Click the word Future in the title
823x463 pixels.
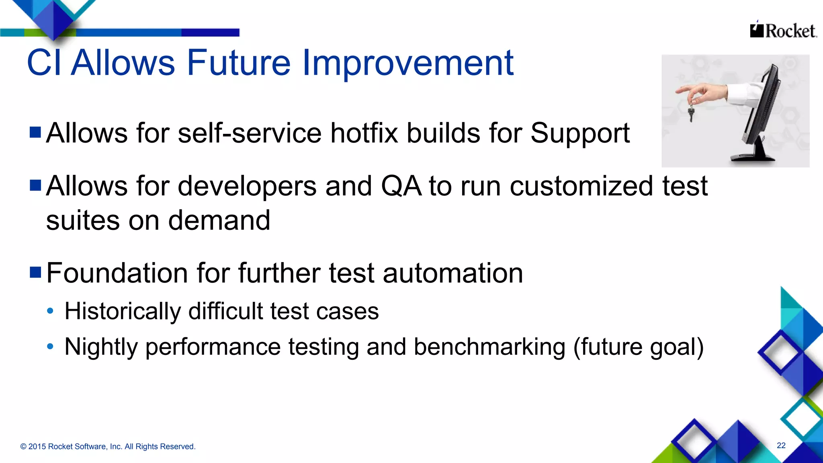238,63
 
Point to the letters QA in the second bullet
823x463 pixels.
401,186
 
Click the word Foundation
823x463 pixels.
117,273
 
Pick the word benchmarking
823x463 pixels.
489,347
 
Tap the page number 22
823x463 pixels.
781,445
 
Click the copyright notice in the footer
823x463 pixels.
108,447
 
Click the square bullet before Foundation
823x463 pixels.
35,272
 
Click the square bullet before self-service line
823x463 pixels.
35,132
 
